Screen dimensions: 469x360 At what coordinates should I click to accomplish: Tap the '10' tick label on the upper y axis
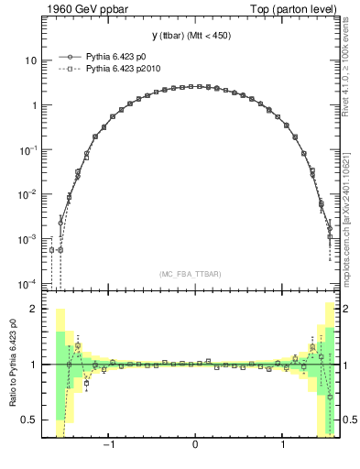30,60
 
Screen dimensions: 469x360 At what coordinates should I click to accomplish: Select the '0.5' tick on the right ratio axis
351,420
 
